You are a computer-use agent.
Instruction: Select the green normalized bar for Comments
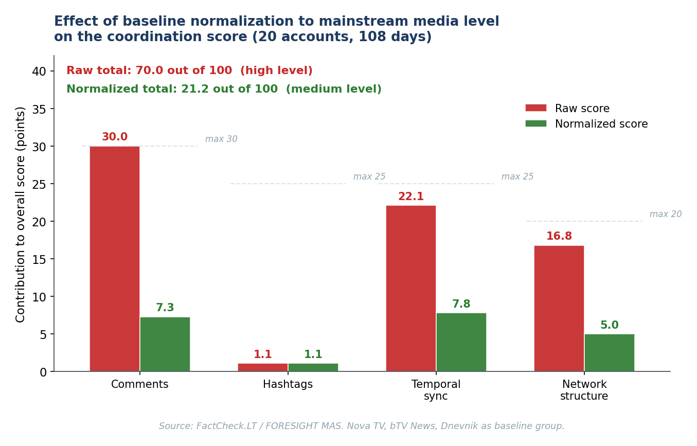coord(165,344)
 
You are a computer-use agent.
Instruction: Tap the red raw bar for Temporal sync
coord(411,289)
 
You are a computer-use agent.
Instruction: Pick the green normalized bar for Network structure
coord(610,353)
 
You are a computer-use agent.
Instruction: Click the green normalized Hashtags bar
coord(313,367)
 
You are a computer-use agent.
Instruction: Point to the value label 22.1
coord(411,197)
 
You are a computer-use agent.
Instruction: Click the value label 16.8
coord(559,237)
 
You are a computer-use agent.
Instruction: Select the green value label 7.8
coord(461,305)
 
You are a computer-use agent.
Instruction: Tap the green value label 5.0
coord(610,326)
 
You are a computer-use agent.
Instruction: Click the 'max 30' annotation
coord(221,139)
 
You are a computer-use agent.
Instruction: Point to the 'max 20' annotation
coord(666,215)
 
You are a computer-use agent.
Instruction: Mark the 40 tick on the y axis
coord(39,72)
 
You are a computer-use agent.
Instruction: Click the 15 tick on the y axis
coord(39,259)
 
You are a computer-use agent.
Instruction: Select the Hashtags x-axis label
coord(288,385)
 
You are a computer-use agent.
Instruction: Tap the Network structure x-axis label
coord(584,390)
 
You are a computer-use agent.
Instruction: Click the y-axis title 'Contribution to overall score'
coord(21,214)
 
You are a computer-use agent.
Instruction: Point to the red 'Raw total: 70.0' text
coord(189,71)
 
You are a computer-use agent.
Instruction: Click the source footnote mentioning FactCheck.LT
coord(362,426)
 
